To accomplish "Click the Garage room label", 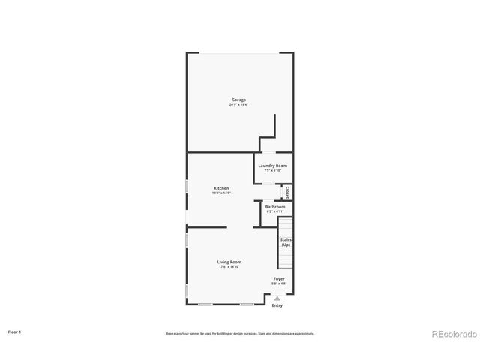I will [x=238, y=100].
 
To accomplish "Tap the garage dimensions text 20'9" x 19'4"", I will [x=238, y=104].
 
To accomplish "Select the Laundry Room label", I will [x=272, y=166].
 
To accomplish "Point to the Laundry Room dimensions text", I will [x=272, y=170].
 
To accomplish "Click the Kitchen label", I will [x=221, y=188].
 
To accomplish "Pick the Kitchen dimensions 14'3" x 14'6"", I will [x=221, y=193].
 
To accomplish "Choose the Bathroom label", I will [x=275, y=207].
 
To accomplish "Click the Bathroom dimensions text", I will [x=275, y=211].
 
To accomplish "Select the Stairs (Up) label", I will [x=286, y=242].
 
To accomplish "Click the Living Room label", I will [x=229, y=262].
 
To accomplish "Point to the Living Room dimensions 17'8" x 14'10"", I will [x=229, y=266].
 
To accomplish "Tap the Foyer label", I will [x=279, y=279].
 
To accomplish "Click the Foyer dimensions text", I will [x=279, y=283].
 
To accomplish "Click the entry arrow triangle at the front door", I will [x=277, y=298].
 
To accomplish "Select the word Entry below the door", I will [x=277, y=305].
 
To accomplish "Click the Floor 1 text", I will [x=15, y=331].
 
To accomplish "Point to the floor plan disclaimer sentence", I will [x=240, y=333].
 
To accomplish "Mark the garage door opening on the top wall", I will [x=238, y=52].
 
